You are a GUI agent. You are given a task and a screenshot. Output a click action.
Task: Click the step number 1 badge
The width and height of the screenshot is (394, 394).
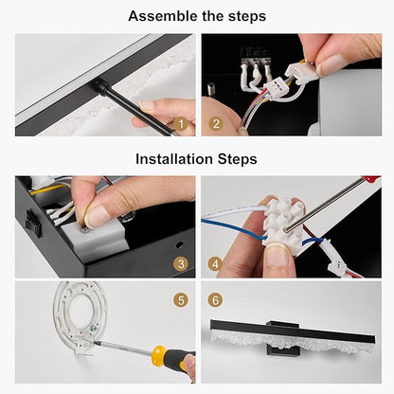point(181,124)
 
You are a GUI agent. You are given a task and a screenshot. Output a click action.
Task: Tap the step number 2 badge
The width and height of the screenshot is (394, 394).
point(216,123)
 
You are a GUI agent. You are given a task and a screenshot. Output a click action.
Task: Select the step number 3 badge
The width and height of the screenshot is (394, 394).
point(181,264)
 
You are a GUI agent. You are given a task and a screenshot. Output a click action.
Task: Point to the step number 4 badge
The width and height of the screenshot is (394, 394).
point(215,264)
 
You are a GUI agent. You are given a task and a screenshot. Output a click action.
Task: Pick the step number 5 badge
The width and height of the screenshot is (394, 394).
point(181,300)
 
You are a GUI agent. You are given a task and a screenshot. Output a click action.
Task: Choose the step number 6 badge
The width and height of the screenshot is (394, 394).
point(215,299)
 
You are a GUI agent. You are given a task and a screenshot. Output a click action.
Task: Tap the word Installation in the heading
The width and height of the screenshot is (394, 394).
point(174,158)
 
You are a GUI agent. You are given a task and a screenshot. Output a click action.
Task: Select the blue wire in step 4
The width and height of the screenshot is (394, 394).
point(234,229)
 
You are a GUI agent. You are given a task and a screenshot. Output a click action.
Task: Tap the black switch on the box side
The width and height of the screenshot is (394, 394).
point(33,224)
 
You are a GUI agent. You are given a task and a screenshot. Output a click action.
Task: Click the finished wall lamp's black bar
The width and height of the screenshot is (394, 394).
point(292,332)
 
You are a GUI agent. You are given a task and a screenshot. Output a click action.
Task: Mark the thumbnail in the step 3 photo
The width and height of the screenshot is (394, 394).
point(98,216)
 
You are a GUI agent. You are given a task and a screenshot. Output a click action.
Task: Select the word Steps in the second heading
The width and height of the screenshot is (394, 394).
point(237,158)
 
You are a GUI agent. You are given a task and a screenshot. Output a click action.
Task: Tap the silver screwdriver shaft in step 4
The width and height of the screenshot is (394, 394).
point(324,205)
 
